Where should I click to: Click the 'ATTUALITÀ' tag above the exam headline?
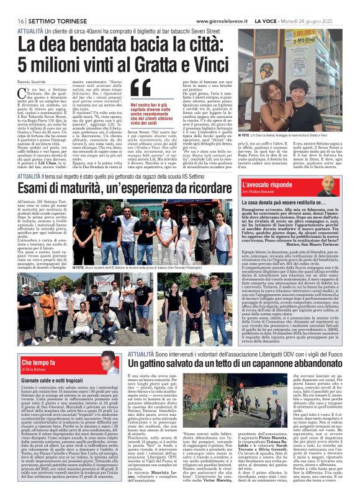(x=30, y=160)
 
